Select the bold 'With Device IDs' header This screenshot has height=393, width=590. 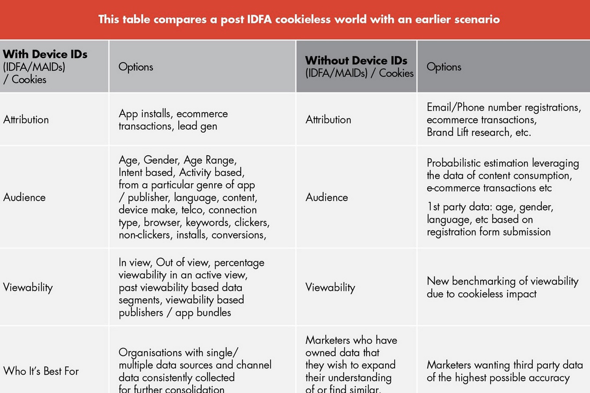click(x=45, y=54)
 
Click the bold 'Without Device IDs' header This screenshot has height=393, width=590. click(x=356, y=60)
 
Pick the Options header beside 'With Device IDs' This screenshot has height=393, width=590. click(x=136, y=67)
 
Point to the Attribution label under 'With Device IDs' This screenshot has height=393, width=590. click(x=26, y=120)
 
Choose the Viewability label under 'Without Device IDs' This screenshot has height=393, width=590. click(x=330, y=287)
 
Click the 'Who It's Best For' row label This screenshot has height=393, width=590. click(x=41, y=371)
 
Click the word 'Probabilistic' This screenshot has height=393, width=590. click(x=453, y=163)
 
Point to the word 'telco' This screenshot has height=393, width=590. click(x=192, y=210)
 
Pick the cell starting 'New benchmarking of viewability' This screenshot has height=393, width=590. click(x=502, y=287)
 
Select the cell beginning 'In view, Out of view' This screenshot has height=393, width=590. click(x=191, y=287)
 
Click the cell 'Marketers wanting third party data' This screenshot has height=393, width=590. click(x=505, y=371)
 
